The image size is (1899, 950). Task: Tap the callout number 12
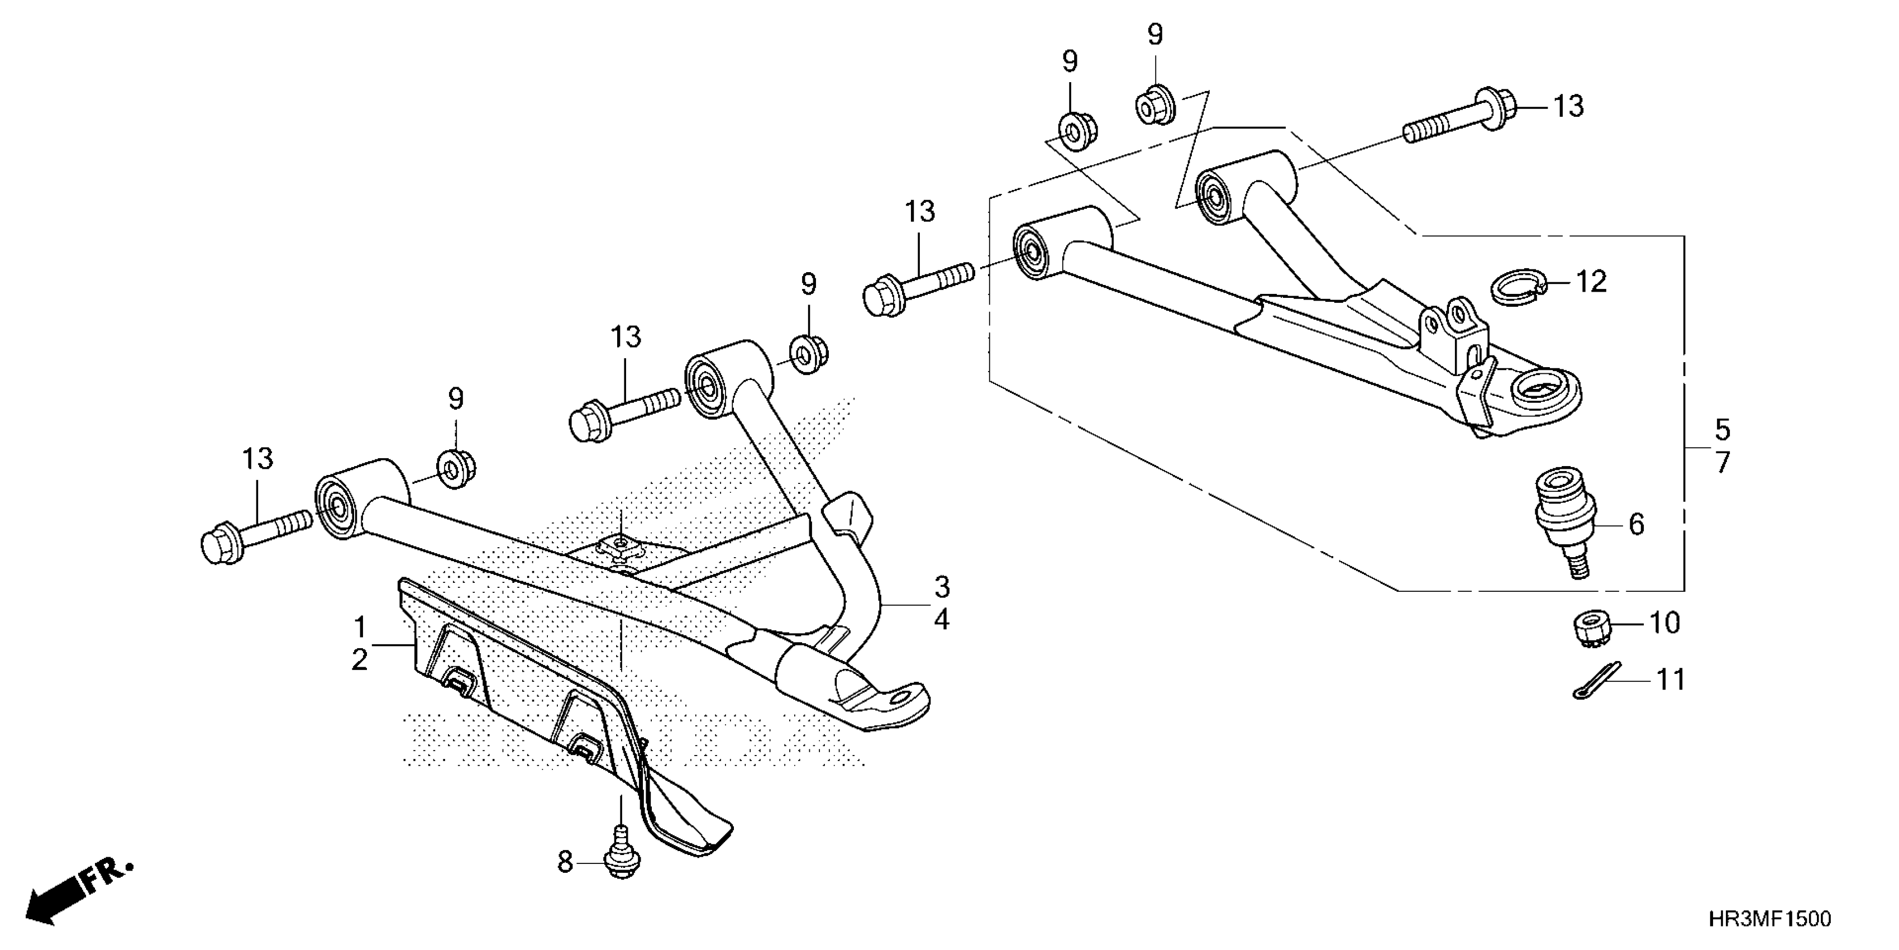[1590, 282]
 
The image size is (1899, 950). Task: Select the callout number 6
[1636, 524]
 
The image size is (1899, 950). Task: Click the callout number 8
[565, 862]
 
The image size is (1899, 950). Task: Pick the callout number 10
[1664, 623]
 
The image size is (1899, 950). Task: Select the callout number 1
[360, 628]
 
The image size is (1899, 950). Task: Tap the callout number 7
[1722, 463]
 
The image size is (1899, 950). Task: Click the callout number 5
[1722, 429]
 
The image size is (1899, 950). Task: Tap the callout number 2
[359, 660]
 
